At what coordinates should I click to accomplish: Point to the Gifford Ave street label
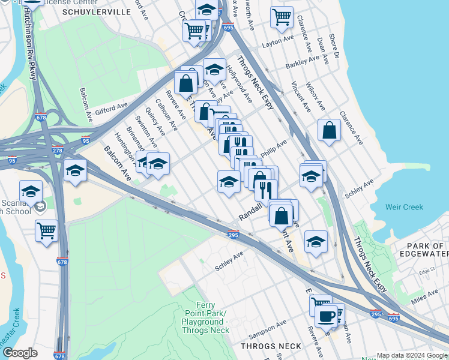click(x=111, y=107)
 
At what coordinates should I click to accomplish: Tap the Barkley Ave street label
click(x=303, y=62)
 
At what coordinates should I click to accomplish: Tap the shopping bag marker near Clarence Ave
click(x=330, y=131)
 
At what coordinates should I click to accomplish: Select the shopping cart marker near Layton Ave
click(x=282, y=18)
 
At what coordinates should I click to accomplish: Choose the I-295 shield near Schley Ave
click(x=234, y=236)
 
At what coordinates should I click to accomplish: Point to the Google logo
click(x=20, y=353)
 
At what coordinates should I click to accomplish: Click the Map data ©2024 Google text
click(x=411, y=355)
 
